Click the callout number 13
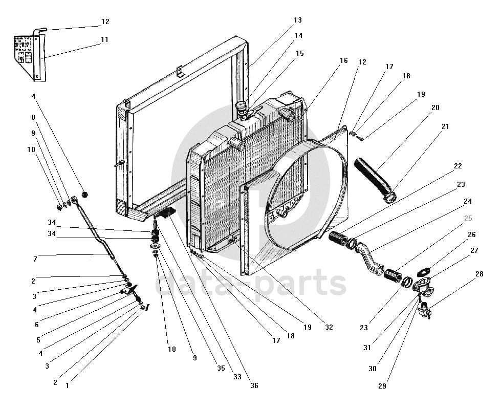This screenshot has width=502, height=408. (x=297, y=20)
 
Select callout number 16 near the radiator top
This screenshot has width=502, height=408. (x=343, y=61)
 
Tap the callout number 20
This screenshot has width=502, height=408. (x=435, y=108)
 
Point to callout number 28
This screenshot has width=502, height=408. (x=479, y=274)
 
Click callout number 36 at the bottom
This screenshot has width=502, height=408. (x=254, y=385)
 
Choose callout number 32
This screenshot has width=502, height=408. (x=328, y=327)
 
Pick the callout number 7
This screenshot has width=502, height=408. (x=35, y=260)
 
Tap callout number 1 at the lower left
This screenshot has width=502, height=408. (x=67, y=386)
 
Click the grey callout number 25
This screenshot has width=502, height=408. (x=468, y=219)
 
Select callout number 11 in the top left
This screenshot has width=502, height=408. (x=104, y=39)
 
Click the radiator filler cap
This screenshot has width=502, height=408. (x=240, y=106)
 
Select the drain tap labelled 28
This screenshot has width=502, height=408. (x=424, y=310)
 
